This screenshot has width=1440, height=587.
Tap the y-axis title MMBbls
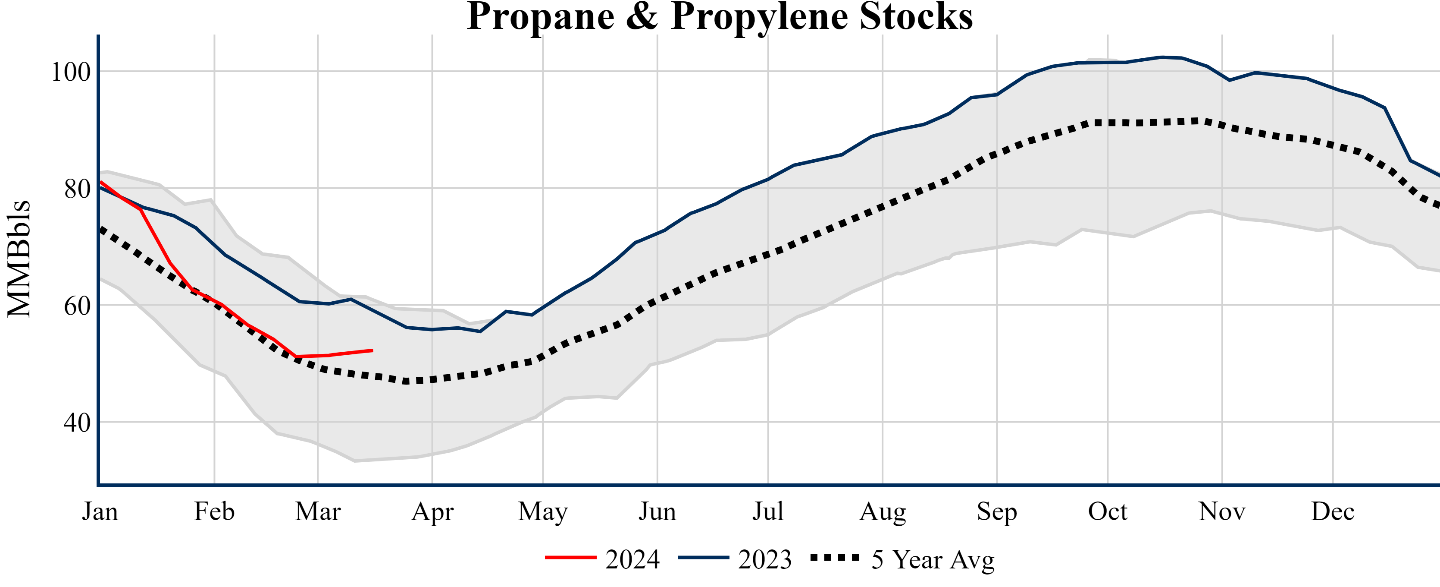pos(19,259)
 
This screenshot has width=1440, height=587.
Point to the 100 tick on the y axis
pos(71,72)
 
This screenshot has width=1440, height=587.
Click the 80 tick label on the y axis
pos(77,189)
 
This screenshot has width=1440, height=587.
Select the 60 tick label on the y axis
pos(77,306)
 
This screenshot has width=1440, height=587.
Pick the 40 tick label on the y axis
pos(77,423)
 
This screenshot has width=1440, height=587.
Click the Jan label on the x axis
pos(100,511)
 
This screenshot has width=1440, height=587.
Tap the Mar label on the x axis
pos(318,511)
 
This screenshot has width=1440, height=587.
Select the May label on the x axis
pos(543,511)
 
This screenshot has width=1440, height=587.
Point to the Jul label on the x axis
pos(768,511)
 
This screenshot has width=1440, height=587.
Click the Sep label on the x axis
pos(997,511)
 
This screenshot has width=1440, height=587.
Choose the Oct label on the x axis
pos(1108,511)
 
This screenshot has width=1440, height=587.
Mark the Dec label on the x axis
pos(1333,511)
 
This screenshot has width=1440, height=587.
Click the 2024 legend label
pos(632,559)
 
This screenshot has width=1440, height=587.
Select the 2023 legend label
pos(765,559)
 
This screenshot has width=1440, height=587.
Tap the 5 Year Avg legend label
pos(933,559)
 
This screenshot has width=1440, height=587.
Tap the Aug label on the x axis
pos(883,511)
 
